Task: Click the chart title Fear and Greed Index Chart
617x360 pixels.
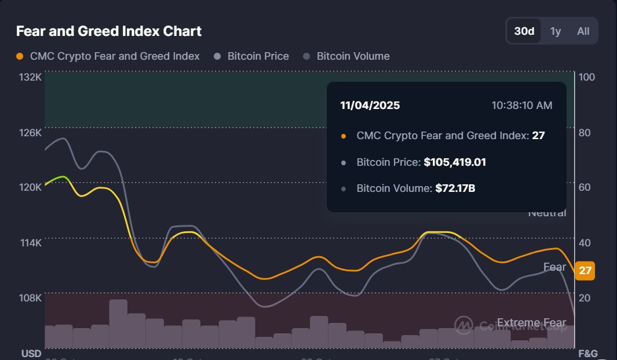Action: (109, 31)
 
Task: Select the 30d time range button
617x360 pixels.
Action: (524, 31)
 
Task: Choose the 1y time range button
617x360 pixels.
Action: (555, 31)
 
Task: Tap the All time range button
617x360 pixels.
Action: (583, 31)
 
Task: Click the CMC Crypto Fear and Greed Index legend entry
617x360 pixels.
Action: (114, 56)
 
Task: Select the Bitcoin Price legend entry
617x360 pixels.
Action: (258, 56)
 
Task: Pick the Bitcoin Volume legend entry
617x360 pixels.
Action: (353, 56)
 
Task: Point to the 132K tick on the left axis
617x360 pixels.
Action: (31, 77)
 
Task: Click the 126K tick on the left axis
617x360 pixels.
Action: (31, 133)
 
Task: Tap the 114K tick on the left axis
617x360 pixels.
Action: (31, 243)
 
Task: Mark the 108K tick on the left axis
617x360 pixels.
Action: (31, 298)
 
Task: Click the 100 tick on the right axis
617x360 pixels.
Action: (586, 77)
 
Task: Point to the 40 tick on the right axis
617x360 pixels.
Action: (585, 243)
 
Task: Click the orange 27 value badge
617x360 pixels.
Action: (585, 271)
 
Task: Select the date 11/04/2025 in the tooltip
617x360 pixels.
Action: (370, 106)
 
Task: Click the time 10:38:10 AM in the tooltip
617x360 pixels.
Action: (521, 106)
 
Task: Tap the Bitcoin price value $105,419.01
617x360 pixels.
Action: (455, 162)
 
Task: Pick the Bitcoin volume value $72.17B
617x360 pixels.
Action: (455, 188)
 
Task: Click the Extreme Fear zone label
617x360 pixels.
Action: (531, 323)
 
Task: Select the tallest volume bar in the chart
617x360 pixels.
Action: (118, 323)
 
